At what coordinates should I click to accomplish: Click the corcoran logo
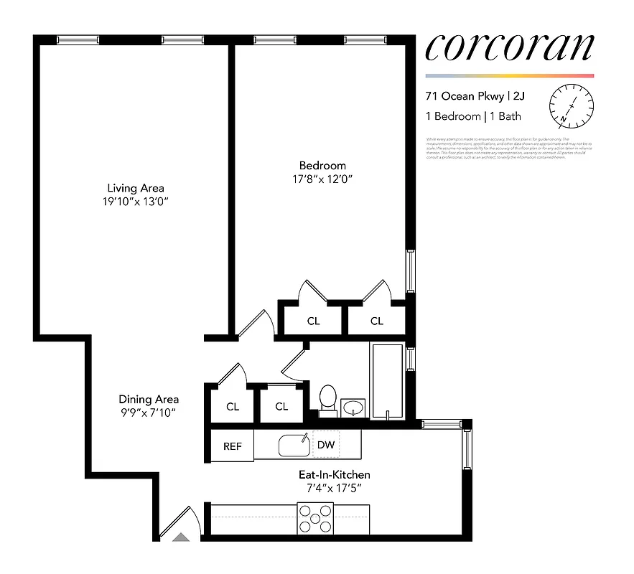click(509, 47)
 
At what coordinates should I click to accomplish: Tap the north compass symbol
click(572, 105)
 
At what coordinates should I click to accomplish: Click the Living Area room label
click(136, 188)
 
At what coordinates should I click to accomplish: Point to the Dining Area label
click(149, 400)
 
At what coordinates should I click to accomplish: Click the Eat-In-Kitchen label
click(335, 475)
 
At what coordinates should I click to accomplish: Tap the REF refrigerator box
click(233, 446)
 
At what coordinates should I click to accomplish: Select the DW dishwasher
click(326, 445)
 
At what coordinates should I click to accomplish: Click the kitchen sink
click(294, 446)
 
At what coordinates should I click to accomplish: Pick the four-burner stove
click(317, 519)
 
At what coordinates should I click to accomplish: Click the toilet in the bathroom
click(327, 400)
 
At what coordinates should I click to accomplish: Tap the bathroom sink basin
click(353, 408)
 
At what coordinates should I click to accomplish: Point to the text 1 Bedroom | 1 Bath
click(473, 116)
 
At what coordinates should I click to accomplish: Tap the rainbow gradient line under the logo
click(509, 75)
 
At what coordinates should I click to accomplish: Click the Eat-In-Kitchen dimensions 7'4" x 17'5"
click(335, 489)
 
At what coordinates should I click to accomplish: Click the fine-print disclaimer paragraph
click(508, 148)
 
